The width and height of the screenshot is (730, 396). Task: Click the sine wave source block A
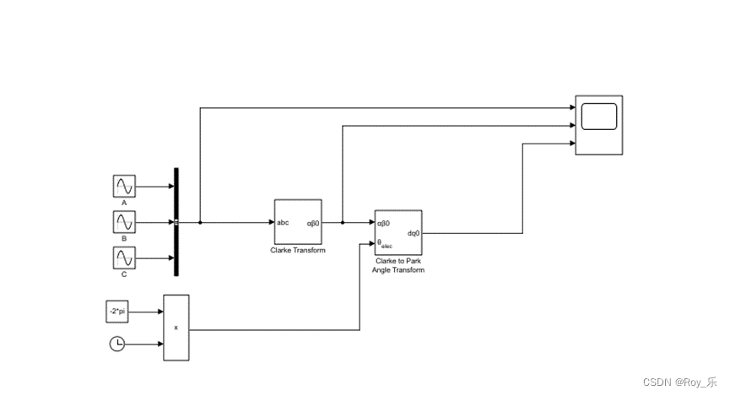[124, 187]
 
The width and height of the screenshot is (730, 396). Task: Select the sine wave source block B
[124, 223]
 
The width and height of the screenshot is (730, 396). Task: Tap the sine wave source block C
[124, 259]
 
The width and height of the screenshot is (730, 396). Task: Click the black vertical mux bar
[176, 222]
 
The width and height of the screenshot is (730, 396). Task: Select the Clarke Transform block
[298, 222]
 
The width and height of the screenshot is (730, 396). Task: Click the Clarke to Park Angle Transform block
[398, 233]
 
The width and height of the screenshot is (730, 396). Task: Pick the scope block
[598, 125]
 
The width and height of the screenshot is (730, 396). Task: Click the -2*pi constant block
[118, 311]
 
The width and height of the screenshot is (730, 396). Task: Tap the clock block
[118, 344]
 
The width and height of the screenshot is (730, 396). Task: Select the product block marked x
[176, 328]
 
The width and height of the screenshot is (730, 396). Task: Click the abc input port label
[284, 223]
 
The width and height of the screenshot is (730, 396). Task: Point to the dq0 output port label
[414, 233]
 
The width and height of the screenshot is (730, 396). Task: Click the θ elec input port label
[385, 243]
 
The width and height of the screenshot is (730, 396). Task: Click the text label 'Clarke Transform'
[298, 251]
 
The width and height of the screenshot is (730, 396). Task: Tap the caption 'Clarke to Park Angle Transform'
[398, 266]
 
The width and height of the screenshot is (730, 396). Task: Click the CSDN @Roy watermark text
[679, 382]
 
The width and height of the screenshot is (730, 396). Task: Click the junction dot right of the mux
[200, 223]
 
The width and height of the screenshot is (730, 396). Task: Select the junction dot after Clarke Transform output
[343, 223]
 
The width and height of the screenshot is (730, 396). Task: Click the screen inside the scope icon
[598, 117]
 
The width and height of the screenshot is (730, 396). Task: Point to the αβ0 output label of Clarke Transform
[312, 223]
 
